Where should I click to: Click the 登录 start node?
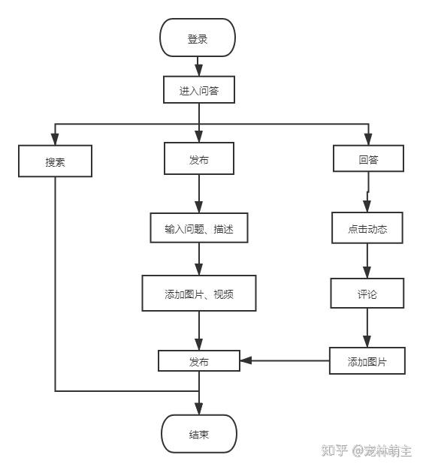click(198, 38)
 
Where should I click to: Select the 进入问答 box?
click(199, 89)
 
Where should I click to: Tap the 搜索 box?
click(55, 161)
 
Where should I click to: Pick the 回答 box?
click(368, 158)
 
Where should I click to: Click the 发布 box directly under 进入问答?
click(199, 158)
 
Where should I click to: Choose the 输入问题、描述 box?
click(199, 227)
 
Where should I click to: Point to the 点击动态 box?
click(367, 227)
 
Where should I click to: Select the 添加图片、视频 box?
click(199, 293)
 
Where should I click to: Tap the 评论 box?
click(367, 293)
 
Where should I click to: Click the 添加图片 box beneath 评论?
click(367, 361)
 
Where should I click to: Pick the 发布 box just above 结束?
click(199, 361)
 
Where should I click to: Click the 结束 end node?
click(199, 434)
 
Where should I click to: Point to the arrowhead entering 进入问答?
click(198, 70)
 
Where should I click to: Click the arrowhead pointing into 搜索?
click(55, 139)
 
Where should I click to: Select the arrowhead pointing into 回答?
click(368, 140)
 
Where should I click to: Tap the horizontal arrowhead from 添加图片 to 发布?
click(246, 360)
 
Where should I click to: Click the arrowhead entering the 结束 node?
click(198, 409)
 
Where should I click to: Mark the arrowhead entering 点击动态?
click(367, 206)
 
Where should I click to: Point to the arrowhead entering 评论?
click(367, 273)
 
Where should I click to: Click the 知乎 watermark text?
click(334, 450)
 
